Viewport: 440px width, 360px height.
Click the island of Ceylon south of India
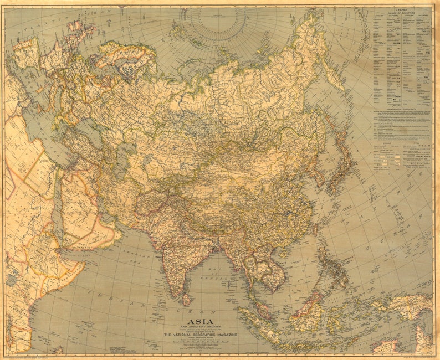pyautogui.click(x=186, y=299)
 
